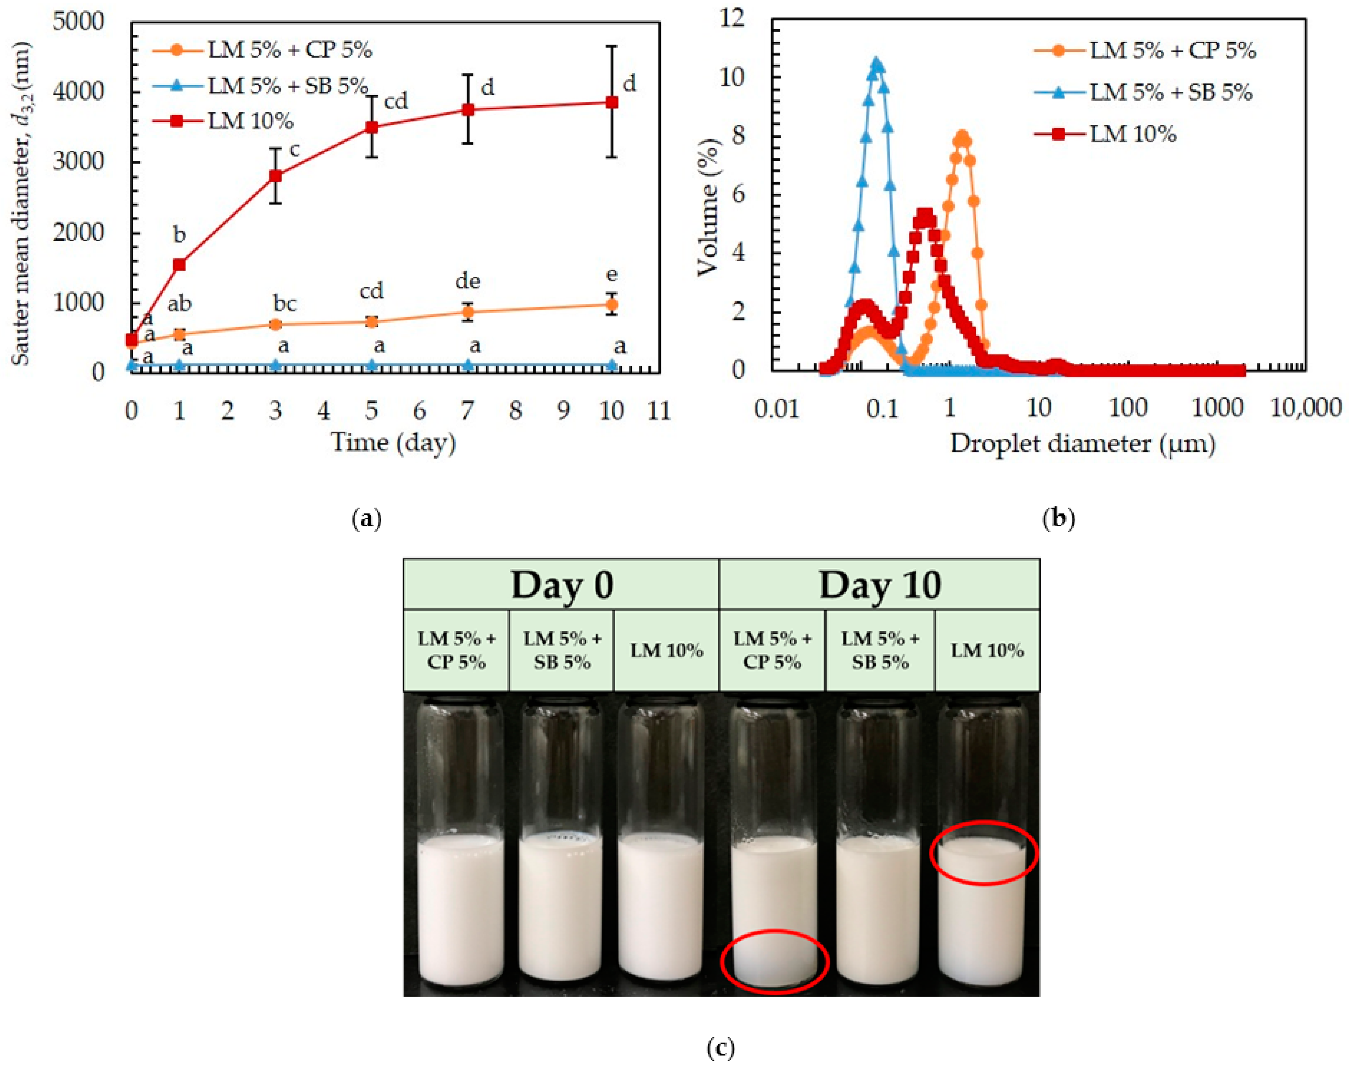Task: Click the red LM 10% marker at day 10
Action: (x=612, y=102)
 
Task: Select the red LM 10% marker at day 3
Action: (x=275, y=176)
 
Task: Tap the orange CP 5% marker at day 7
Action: (x=467, y=312)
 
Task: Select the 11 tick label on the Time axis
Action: (x=659, y=411)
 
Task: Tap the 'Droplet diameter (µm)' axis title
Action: (x=1083, y=444)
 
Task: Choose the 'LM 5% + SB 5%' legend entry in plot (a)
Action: (x=288, y=86)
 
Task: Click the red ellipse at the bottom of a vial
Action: (x=775, y=961)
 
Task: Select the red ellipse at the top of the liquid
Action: (x=983, y=853)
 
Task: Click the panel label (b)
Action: (x=1059, y=518)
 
